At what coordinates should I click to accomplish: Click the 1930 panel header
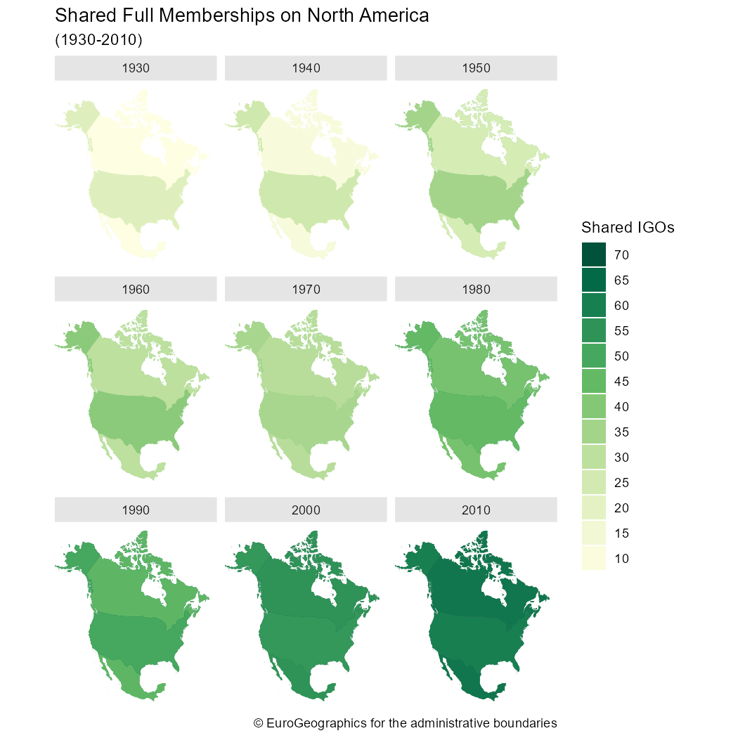point(136,68)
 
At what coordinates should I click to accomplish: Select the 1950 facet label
point(476,68)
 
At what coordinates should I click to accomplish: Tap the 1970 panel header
point(306,289)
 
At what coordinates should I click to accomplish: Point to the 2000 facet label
point(306,510)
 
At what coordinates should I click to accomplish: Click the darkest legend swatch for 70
point(594,254)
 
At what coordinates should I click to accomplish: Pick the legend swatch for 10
point(594,558)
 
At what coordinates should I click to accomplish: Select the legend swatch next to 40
point(594,406)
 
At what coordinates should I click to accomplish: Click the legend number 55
point(621,331)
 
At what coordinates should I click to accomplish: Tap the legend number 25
point(621,483)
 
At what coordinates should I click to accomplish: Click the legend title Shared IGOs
point(628,227)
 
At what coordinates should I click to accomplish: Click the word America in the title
point(394,15)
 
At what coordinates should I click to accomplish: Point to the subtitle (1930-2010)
point(98,40)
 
